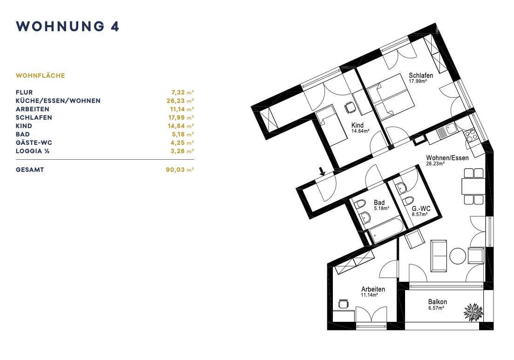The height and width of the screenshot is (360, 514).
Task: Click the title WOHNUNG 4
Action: coord(68,27)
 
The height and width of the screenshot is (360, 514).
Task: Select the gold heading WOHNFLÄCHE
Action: coord(41,76)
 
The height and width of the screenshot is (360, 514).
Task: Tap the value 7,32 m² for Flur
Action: coord(183,93)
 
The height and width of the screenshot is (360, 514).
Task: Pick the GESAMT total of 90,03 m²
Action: coord(180,170)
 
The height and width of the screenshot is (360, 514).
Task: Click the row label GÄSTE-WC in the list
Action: coord(34,143)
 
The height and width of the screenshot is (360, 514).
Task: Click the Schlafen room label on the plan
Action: coord(421,75)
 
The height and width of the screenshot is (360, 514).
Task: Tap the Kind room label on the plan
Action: coord(357,125)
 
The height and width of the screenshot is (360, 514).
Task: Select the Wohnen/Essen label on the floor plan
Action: coord(447,158)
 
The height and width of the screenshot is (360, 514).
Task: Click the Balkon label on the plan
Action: coord(437,302)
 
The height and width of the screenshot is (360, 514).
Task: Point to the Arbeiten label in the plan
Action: coord(373,289)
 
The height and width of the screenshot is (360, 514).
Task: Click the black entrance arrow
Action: coord(322,171)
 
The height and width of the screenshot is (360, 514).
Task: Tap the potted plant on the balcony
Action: coord(473,312)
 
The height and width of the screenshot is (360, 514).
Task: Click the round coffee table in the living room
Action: coord(458,256)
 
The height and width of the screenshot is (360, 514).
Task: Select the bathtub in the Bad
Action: coord(386,231)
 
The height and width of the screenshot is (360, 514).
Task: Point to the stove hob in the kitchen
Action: coord(471,135)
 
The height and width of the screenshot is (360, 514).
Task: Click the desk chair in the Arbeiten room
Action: coord(343,304)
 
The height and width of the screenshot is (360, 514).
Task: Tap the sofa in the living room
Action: coord(439,256)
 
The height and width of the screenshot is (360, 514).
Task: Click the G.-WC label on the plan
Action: coord(421,209)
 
